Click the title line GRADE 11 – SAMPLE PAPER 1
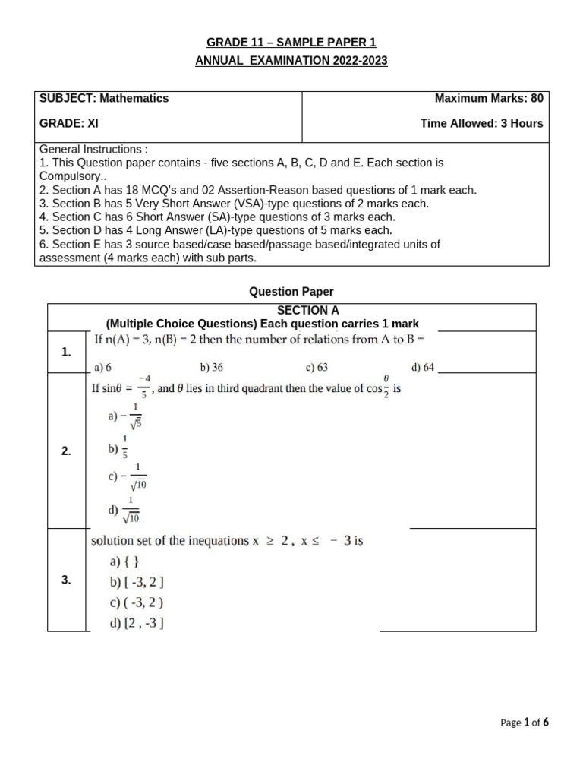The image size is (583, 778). coord(291,43)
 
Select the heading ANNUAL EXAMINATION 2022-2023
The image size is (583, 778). coord(291,61)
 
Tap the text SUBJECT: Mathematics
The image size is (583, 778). coord(104,98)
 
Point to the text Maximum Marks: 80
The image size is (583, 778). coord(488,98)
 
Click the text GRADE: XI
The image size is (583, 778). coord(69,123)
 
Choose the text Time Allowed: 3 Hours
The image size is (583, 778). coord(481,123)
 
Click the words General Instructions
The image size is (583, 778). coord(93,150)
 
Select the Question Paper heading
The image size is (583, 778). coord(291,291)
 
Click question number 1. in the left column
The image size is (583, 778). coord(66,352)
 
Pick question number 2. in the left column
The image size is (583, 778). coord(66,451)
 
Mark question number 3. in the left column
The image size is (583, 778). coord(66,580)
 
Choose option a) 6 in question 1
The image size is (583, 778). coord(102,368)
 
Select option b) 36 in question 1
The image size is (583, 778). coord(211,368)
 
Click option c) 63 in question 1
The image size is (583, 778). coord(317,368)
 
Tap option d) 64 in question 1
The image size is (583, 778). coord(423,368)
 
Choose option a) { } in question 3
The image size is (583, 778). coord(125,562)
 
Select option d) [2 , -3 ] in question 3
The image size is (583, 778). coord(137,624)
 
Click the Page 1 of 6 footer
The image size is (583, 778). coord(525,723)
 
